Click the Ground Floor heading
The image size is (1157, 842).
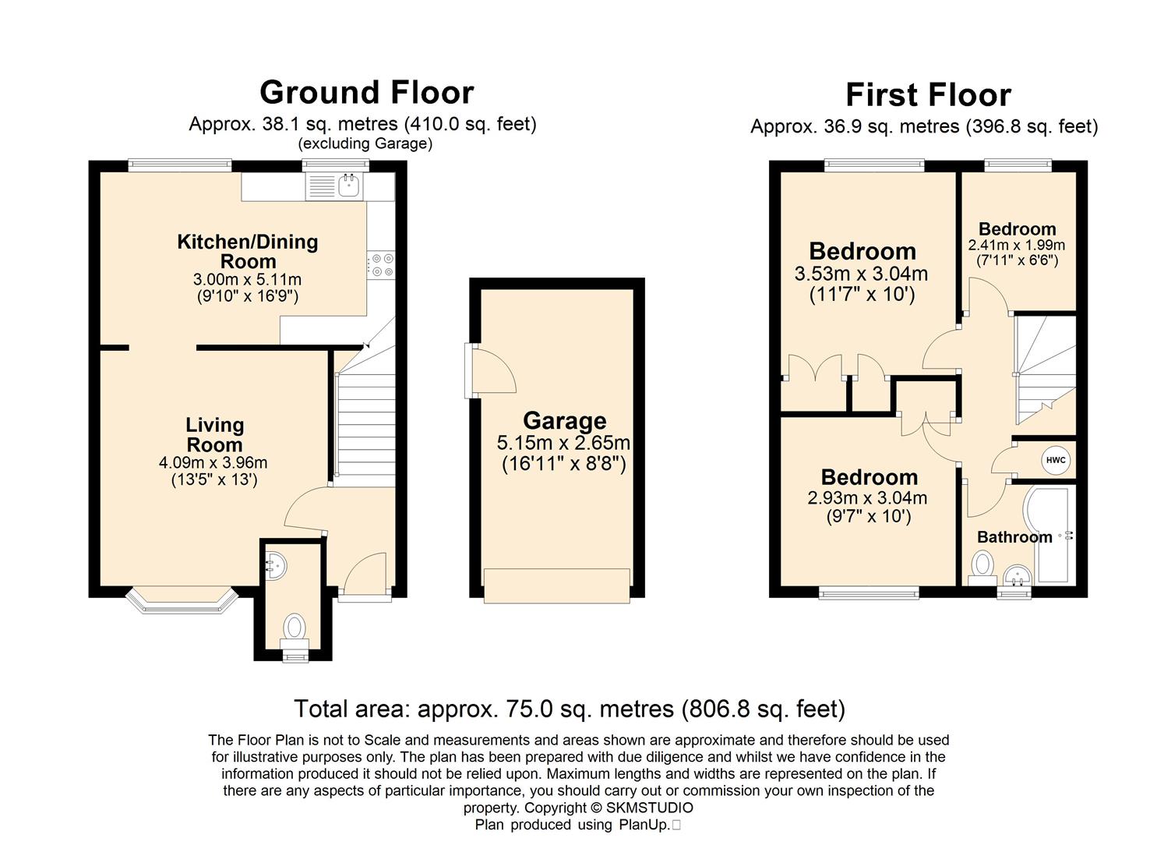coord(367,93)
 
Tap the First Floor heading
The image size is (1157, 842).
coord(928,95)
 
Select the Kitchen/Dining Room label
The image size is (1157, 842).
coord(248,251)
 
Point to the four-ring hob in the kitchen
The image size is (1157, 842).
coord(381,264)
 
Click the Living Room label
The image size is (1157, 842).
coord(214,435)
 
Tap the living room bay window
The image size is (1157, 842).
coord(182,600)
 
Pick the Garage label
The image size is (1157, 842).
coord(565,421)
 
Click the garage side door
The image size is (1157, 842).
coord(489,370)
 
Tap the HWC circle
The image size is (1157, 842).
coord(1056,460)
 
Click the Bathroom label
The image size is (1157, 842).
coord(1014,537)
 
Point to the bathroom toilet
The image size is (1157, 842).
coord(982,567)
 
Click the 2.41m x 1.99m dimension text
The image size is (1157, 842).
coord(1017,245)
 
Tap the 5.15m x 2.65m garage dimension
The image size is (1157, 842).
coord(563,443)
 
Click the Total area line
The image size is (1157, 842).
coord(570,709)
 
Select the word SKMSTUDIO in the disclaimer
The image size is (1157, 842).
coord(649,808)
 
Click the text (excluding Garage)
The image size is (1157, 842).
coord(365,143)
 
